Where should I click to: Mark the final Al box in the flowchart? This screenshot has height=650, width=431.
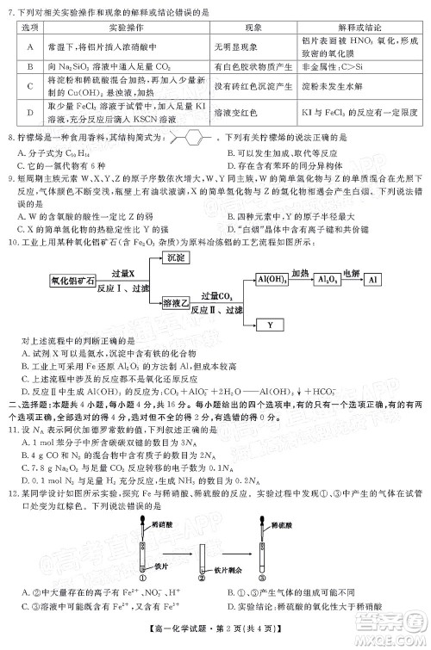[x=372, y=256]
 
